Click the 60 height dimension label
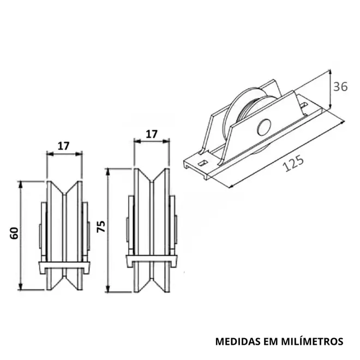[14, 233]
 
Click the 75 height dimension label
[101, 226]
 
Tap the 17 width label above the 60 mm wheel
[63, 146]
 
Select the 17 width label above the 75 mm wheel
[152, 134]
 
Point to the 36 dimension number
[340, 87]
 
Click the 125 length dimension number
[294, 163]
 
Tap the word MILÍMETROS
[312, 341]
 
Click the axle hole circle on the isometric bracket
[264, 127]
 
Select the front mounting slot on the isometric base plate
[202, 163]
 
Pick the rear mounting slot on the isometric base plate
[304, 105]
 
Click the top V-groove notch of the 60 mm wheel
[64, 188]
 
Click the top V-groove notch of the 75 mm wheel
[152, 176]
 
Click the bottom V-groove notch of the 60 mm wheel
[64, 282]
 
